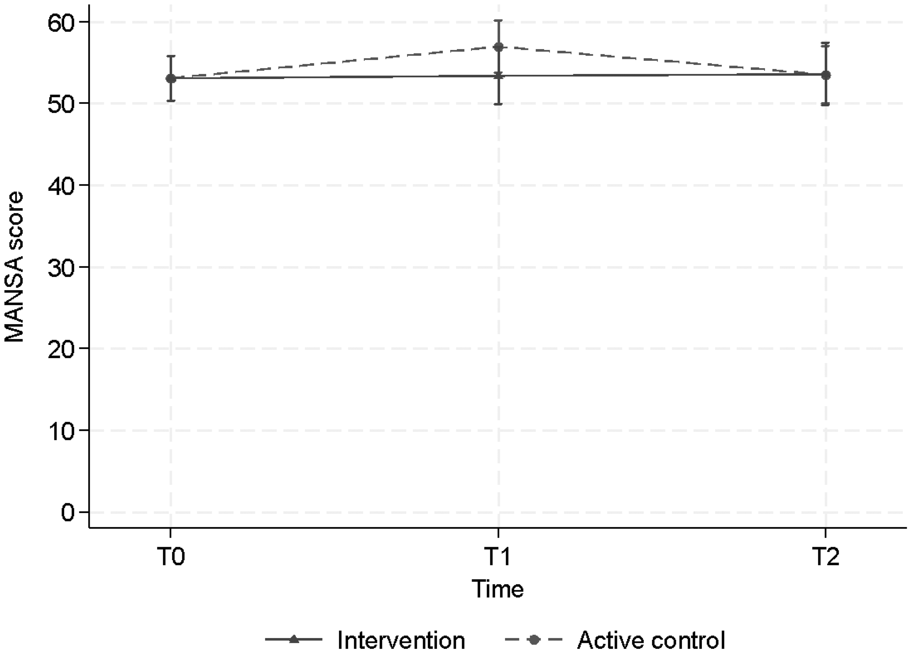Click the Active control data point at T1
coord(499,47)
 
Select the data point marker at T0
coord(171,78)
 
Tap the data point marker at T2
coord(826,75)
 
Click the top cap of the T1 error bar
coord(499,20)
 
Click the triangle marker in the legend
coord(294,639)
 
